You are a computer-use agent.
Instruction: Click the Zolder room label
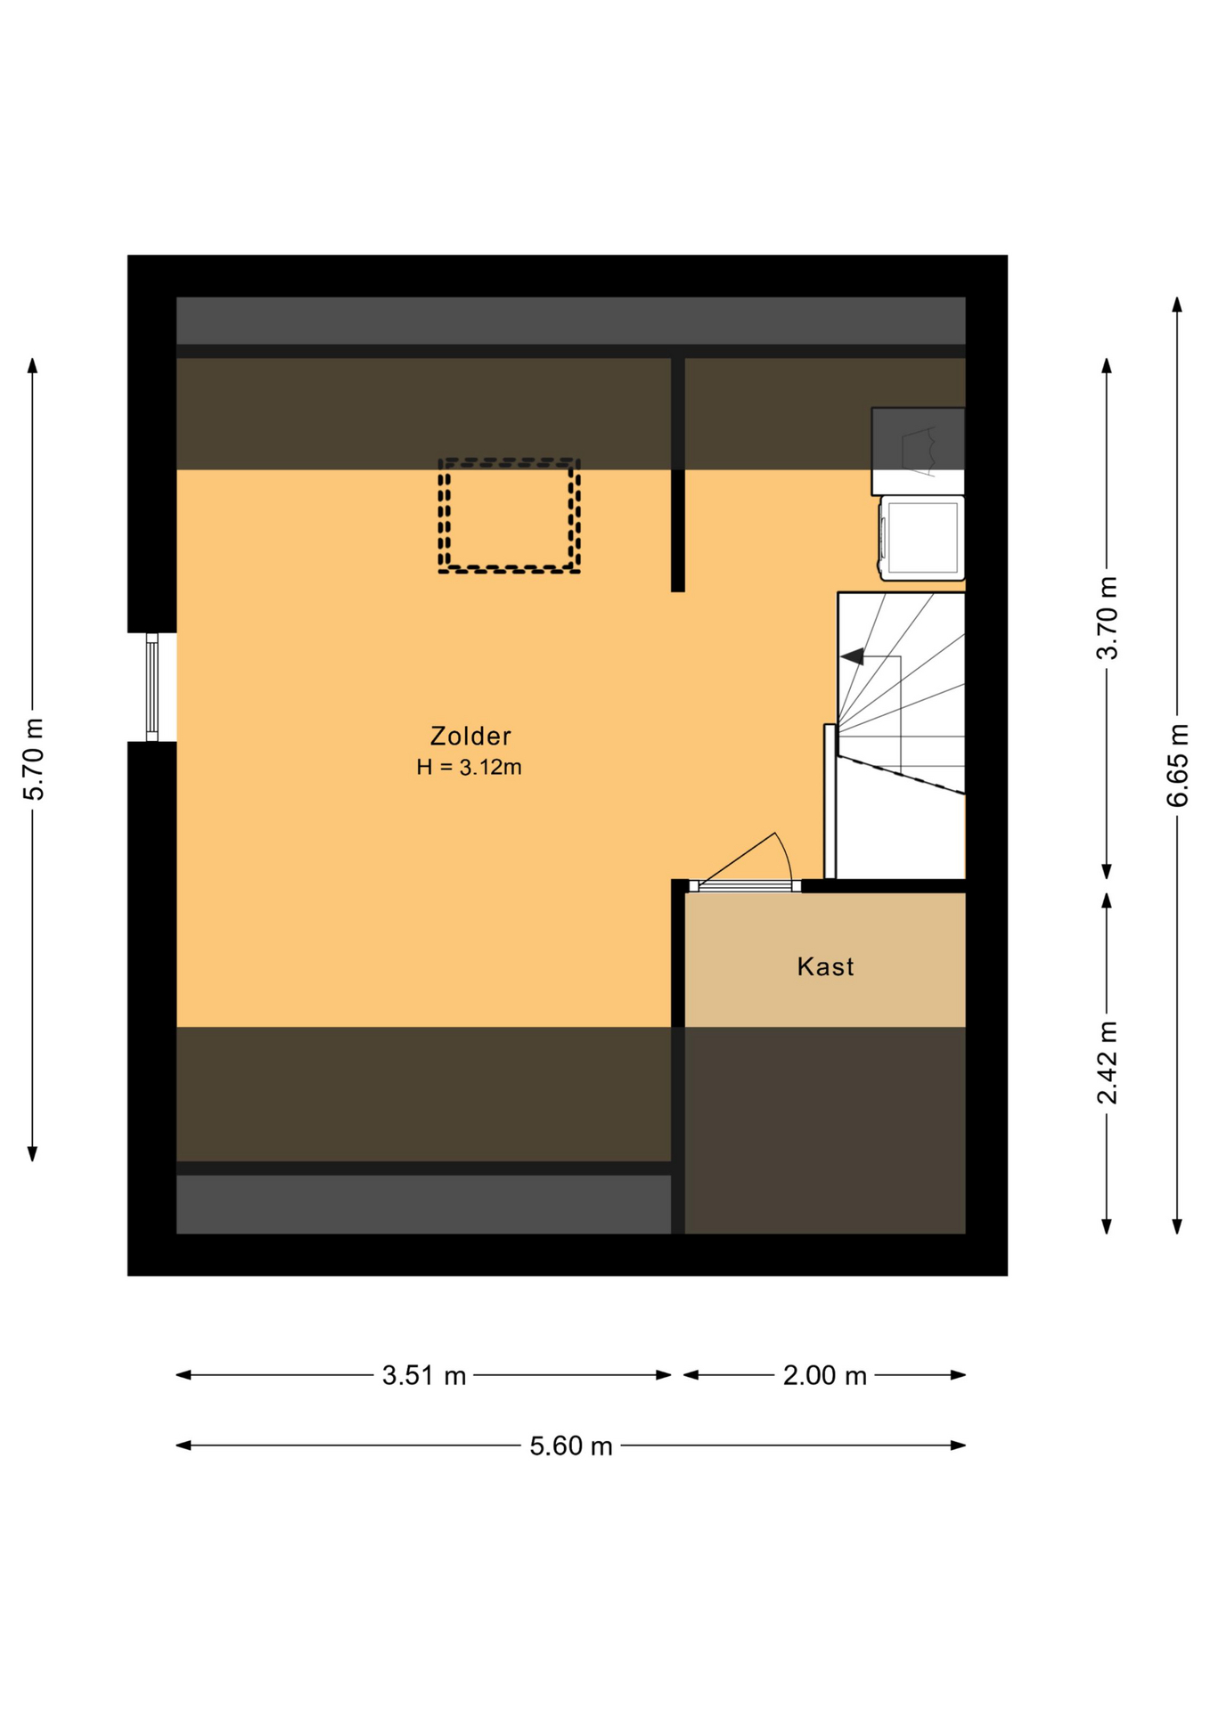pos(470,736)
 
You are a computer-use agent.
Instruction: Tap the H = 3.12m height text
pos(469,767)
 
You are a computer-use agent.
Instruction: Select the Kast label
pos(825,966)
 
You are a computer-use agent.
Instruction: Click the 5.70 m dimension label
pos(33,759)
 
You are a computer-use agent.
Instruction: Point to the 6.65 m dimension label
pos(1177,765)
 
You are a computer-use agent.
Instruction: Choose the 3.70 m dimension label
pos(1107,617)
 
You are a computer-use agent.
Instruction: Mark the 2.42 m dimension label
pos(1107,1063)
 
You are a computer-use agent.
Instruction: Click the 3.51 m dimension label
pos(424,1375)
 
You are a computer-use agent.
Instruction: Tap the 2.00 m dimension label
pos(824,1375)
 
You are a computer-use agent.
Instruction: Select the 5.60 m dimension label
pos(571,1445)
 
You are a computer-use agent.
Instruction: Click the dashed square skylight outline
pos(509,462)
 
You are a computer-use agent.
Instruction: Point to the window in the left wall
pos(152,687)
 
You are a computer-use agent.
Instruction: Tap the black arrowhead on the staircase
pos(853,656)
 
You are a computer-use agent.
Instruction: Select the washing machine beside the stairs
pos(922,538)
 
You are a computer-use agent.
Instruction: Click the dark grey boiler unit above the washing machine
pos(918,451)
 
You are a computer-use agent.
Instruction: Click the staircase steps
pos(901,735)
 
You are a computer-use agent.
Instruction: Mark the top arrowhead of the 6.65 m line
pos(1177,305)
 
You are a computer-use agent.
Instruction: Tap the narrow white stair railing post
pos(830,802)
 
